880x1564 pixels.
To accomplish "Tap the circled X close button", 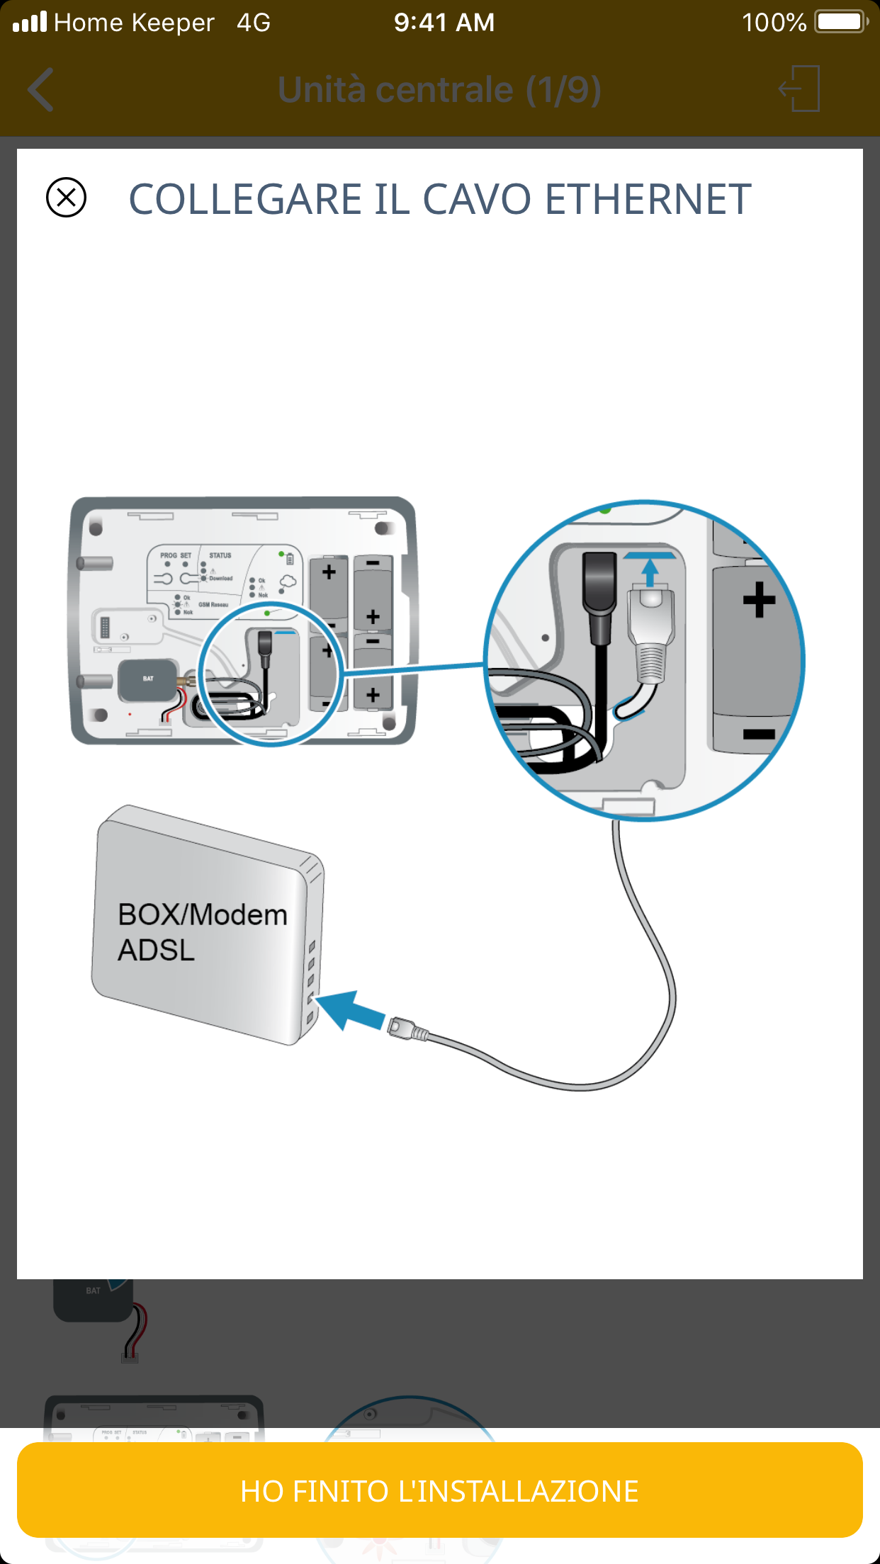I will coord(66,197).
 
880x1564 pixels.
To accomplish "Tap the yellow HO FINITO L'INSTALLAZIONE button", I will coord(439,1490).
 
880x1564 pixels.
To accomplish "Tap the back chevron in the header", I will coord(41,90).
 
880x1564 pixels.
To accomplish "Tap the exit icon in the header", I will coord(800,89).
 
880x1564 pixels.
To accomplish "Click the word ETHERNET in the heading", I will coord(648,199).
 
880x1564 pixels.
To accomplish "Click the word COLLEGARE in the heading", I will coord(245,199).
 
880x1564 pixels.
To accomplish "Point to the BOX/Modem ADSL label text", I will coord(202,931).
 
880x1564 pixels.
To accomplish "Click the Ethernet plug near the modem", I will coord(407,1028).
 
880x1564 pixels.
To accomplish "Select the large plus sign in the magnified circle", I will coord(759,599).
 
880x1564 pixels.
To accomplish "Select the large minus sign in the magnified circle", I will coord(759,734).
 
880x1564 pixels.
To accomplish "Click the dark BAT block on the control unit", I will coord(147,679).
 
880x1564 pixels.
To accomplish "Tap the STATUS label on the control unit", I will coord(220,555).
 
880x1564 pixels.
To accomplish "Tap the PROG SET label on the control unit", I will coord(176,555).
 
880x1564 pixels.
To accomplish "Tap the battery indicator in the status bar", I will coord(840,22).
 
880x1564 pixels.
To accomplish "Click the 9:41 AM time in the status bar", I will coord(444,22).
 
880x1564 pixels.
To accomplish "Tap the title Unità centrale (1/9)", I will coord(439,90).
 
